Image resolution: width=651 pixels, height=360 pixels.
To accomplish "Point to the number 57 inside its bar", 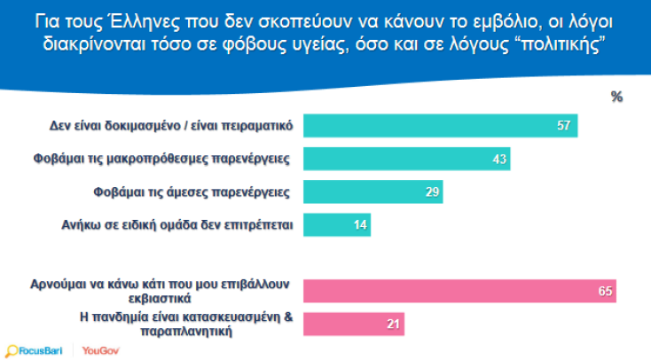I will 561,126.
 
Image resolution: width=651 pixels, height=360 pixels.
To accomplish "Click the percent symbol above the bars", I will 616,97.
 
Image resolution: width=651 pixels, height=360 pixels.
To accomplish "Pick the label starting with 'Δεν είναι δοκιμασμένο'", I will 170,126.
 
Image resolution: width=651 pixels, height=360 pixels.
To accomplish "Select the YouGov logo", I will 100,350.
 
